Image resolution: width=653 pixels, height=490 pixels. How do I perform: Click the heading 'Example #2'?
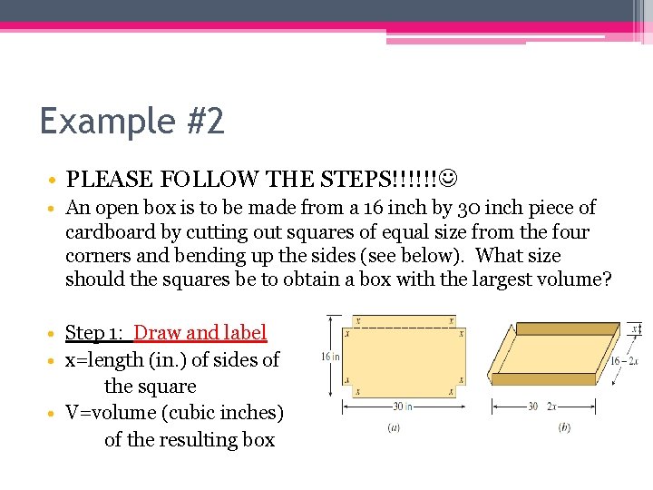(132, 121)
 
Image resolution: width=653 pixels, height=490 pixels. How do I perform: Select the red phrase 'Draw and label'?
(200, 333)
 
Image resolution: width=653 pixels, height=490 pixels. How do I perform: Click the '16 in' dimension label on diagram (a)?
(329, 357)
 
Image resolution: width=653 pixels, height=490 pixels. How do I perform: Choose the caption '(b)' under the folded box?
(564, 426)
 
